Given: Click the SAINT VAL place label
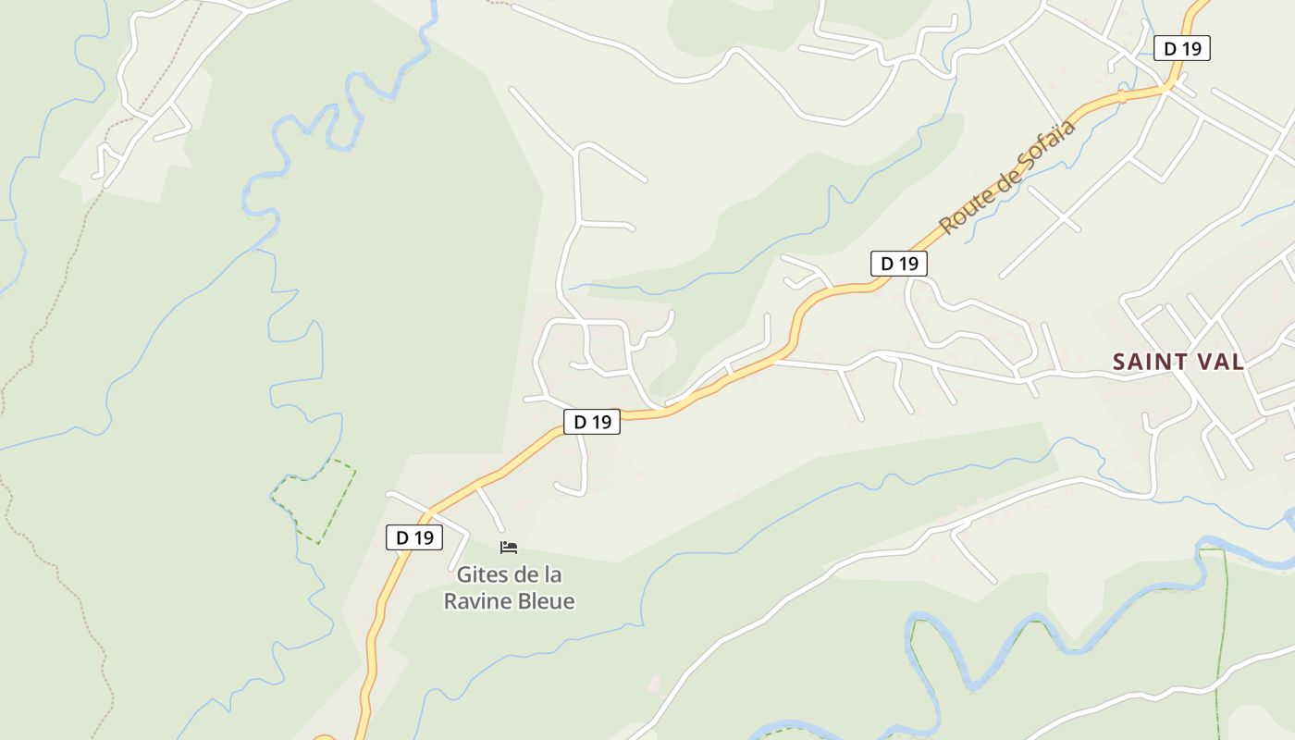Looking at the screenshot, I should click(1178, 362).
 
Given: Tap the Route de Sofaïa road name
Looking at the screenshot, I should click(1008, 177).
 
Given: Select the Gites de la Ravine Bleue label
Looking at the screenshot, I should click(509, 588).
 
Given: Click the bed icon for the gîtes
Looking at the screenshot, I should click(508, 548).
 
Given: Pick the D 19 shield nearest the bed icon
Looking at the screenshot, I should click(413, 537).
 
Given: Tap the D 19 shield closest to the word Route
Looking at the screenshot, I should click(898, 264).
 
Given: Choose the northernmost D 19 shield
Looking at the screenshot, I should click(1181, 49).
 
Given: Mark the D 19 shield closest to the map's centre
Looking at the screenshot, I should click(592, 422).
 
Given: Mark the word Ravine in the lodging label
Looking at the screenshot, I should click(475, 601).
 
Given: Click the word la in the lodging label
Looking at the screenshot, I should click(551, 575).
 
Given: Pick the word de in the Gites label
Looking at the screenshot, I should click(524, 575).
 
